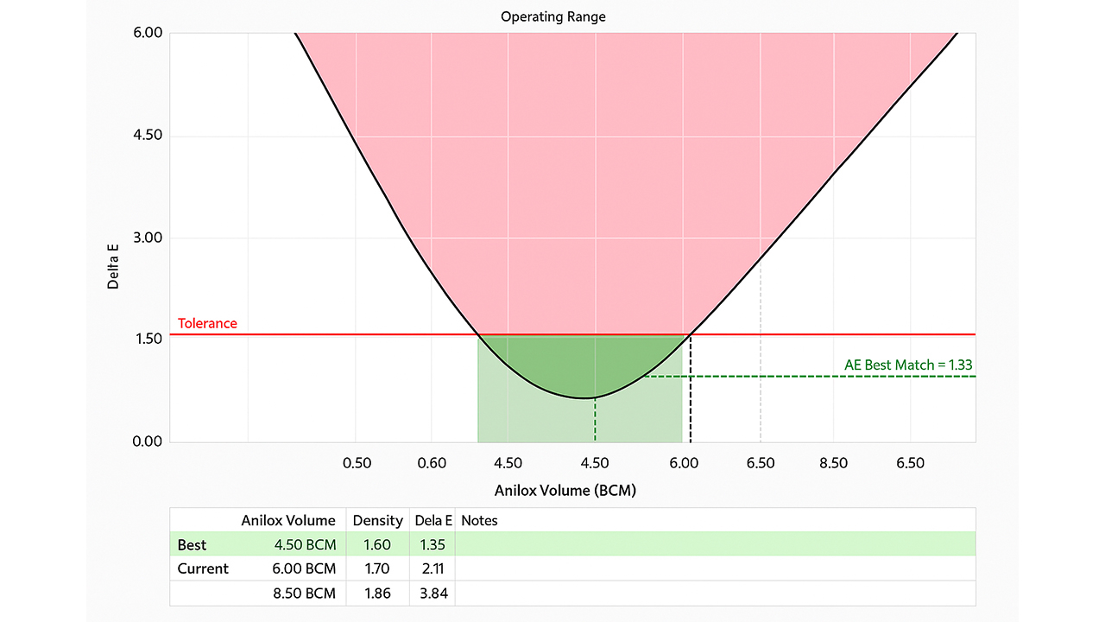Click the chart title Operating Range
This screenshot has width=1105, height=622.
552,16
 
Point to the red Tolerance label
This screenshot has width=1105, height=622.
207,324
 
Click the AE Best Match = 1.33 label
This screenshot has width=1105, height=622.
908,365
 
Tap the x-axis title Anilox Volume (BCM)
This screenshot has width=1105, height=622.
565,490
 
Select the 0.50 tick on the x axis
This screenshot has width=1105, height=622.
357,463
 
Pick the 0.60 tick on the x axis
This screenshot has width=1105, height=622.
432,463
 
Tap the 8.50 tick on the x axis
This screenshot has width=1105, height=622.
833,463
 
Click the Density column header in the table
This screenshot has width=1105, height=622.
377,520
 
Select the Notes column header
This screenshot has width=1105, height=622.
479,520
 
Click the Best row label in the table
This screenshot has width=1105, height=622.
192,545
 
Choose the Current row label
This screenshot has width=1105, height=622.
203,568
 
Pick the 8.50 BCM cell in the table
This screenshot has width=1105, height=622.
305,593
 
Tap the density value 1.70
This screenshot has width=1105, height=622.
377,568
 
